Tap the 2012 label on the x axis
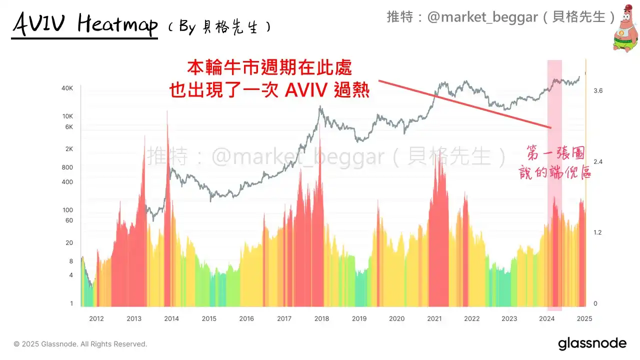click(x=96, y=318)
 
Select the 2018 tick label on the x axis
click(x=321, y=318)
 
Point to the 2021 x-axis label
click(x=434, y=318)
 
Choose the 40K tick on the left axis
click(x=67, y=88)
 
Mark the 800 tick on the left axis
click(x=67, y=167)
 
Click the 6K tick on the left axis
click(x=68, y=127)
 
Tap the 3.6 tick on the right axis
click(x=598, y=90)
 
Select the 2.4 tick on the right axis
click(x=598, y=162)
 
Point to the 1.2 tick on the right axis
click(x=598, y=232)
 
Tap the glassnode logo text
click(x=592, y=343)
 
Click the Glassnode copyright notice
click(x=80, y=344)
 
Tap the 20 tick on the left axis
click(x=69, y=243)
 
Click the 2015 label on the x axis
click(x=209, y=318)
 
